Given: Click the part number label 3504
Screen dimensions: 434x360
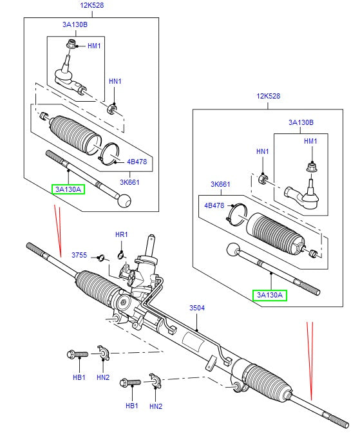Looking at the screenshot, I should tap(196, 308).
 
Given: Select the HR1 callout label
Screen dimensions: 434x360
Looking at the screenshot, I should tap(122, 234).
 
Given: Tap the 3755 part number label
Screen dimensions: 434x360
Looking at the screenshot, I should tap(79, 256).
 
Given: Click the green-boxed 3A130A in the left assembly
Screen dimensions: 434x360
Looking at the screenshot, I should tap(68, 189).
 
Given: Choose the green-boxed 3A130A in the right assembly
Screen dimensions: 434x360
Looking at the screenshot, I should tap(269, 295).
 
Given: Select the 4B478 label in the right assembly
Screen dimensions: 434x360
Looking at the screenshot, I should tap(214, 206).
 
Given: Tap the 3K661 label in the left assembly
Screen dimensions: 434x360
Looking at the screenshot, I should tap(130, 182).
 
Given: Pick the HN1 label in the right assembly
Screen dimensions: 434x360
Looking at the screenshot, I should tap(262, 151).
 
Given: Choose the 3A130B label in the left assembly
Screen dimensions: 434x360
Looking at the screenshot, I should tap(75, 25).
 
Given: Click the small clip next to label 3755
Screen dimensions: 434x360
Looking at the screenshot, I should tap(100, 258).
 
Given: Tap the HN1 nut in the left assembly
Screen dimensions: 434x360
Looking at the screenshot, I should tap(113, 107).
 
